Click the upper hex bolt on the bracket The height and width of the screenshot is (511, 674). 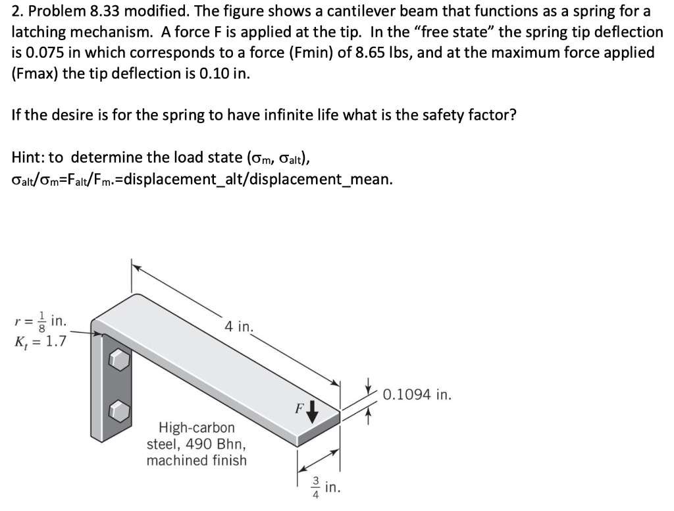118,360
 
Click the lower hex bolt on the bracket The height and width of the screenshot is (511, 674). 118,409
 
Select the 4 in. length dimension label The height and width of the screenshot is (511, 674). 239,326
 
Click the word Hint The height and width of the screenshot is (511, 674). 30,157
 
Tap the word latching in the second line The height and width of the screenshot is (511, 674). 37,32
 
